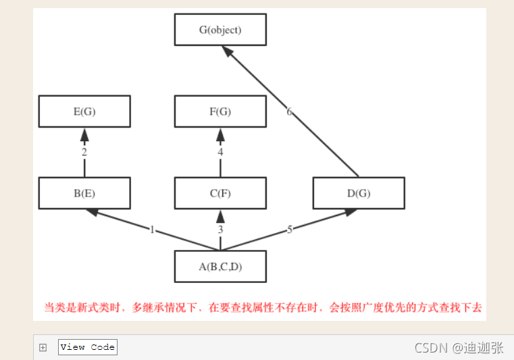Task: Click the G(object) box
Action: pos(220,30)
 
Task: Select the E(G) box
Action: pos(84,111)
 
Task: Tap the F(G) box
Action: pos(220,111)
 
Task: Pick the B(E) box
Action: pos(84,193)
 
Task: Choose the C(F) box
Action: pos(220,193)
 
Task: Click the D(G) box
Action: pos(359,193)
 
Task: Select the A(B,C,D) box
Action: pos(220,266)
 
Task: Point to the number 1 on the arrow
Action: pos(153,230)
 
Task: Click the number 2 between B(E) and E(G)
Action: pos(84,153)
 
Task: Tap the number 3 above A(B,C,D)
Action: pos(220,230)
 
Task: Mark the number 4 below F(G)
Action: pos(220,153)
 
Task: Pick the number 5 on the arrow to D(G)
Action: pos(290,230)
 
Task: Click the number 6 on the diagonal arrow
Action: pos(289,111)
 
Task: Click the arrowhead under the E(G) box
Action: pos(84,135)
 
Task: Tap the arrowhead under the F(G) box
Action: pos(220,135)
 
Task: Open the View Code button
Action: pos(88,347)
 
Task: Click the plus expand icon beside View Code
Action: pos(43,347)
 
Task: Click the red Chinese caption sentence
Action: pos(263,307)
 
